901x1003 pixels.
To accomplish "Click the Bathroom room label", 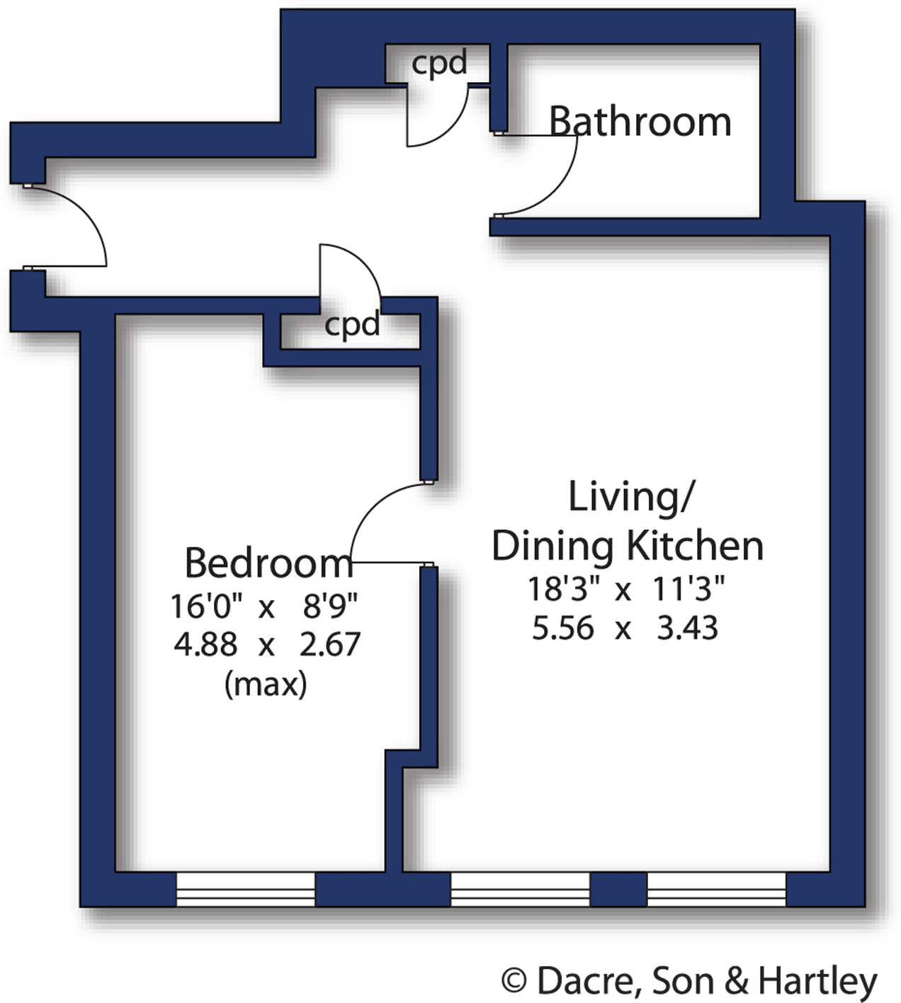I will click(640, 122).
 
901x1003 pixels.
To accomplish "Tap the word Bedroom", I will click(268, 563).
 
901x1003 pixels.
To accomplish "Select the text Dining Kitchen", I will click(628, 546).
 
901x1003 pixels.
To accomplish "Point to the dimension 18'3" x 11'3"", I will click(626, 589).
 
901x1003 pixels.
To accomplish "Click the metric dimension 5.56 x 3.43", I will click(625, 629).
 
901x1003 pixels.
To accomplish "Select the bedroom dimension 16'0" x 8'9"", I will click(263, 606).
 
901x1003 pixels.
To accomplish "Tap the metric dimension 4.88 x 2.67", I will click(267, 645).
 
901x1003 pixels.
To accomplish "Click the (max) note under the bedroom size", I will click(266, 684).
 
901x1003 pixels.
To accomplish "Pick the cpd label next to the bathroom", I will click(439, 64).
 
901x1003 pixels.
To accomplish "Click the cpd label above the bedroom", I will click(352, 325).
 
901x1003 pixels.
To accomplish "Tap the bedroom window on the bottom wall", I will click(245, 889).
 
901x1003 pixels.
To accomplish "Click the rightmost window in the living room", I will click(716, 889).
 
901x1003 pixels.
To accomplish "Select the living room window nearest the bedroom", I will click(520, 889).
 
